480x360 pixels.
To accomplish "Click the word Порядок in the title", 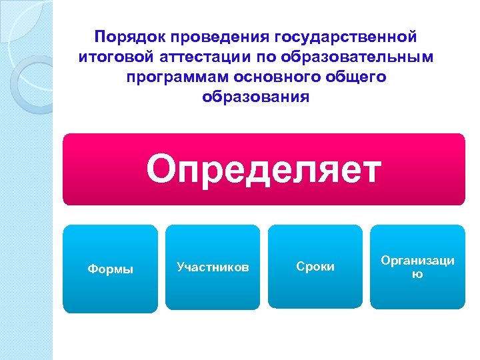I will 126,35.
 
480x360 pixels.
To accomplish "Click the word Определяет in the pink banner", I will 264,169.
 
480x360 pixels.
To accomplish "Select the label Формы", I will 111,269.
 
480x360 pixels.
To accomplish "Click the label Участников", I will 213,267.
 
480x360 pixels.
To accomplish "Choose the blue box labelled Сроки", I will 315,267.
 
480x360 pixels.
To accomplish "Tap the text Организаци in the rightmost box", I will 417,261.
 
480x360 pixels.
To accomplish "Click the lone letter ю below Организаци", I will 417,273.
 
